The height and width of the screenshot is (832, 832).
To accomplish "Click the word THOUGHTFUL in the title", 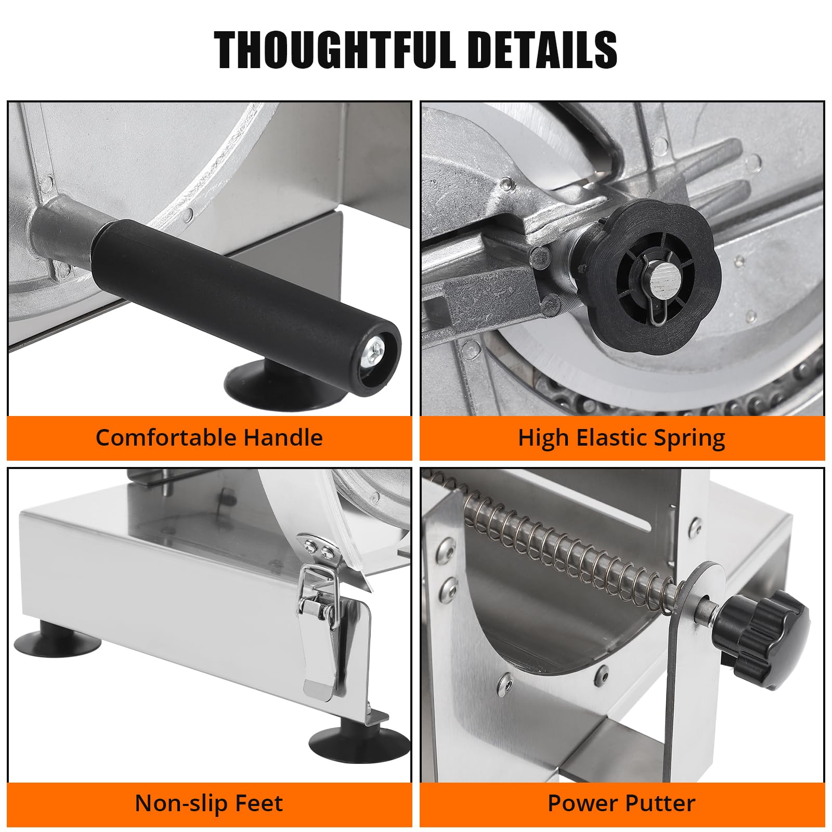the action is pyautogui.click(x=335, y=50).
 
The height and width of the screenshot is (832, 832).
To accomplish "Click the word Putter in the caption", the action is pyautogui.click(x=657, y=803).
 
